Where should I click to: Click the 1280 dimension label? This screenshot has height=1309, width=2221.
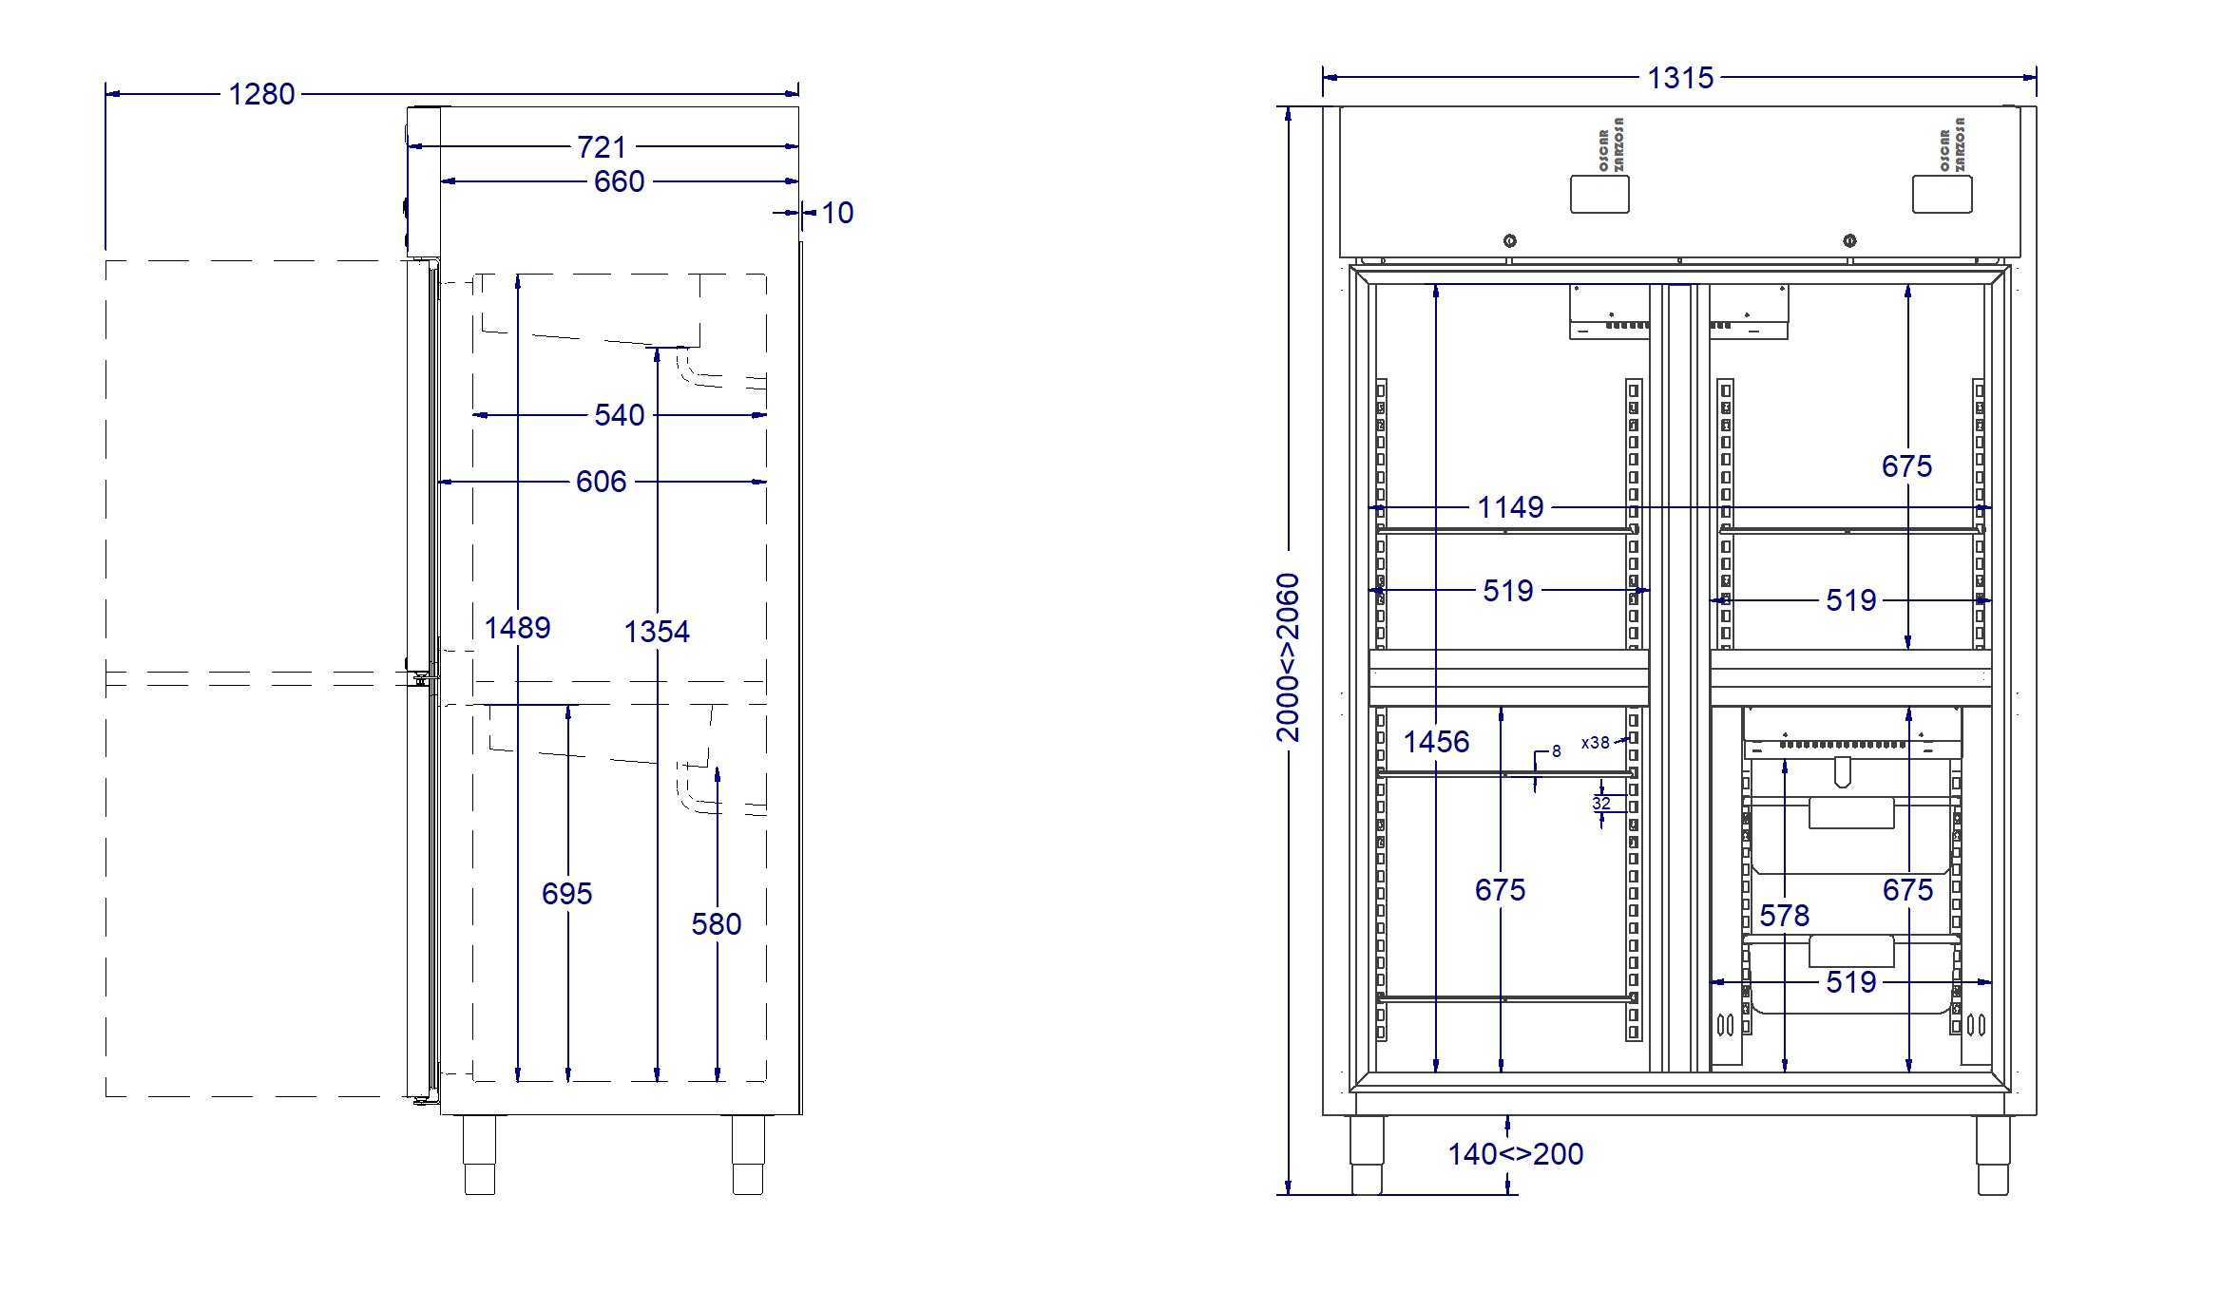[261, 94]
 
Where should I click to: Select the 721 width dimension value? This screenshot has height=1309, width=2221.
[602, 147]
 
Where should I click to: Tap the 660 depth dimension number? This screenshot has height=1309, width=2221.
[619, 181]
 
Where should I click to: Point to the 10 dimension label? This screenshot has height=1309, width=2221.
[837, 213]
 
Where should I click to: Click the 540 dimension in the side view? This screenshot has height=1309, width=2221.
[619, 415]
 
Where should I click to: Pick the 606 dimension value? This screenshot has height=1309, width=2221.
[601, 482]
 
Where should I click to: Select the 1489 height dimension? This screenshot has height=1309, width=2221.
[517, 628]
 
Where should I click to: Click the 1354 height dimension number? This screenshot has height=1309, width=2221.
[657, 632]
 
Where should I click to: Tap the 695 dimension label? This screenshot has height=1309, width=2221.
[566, 894]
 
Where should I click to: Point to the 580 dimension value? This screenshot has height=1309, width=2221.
[716, 924]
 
